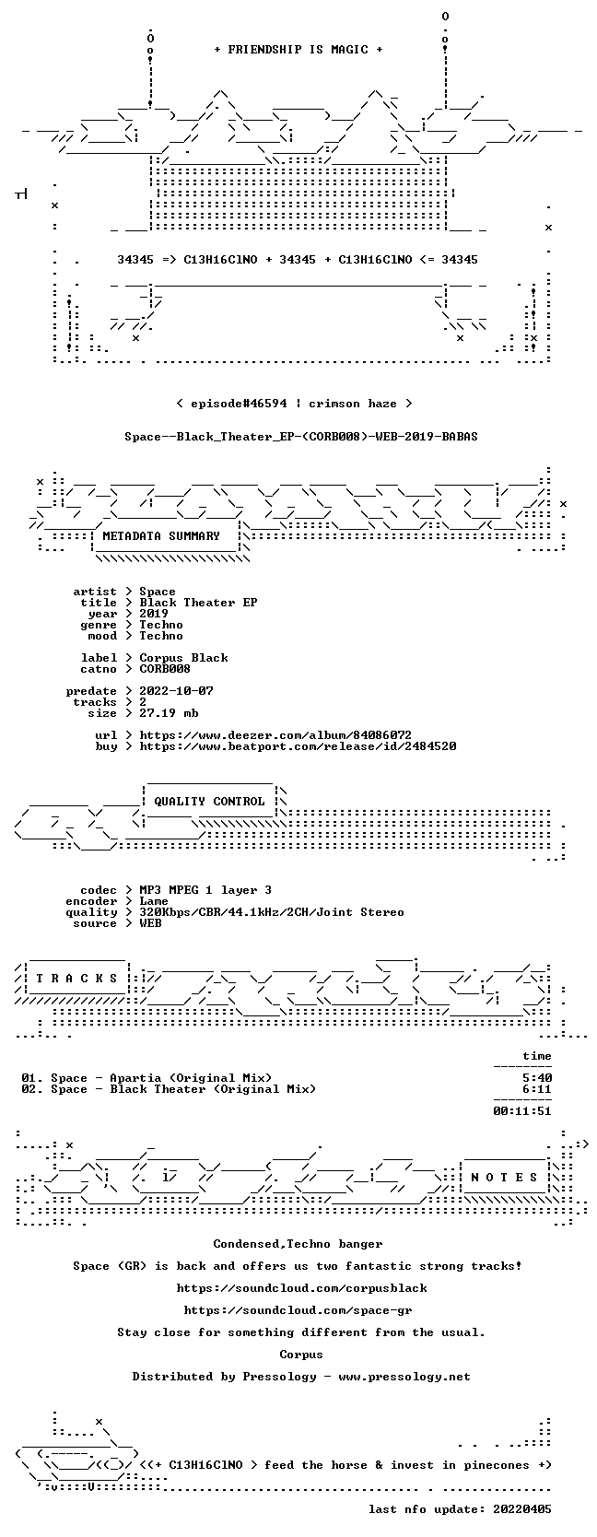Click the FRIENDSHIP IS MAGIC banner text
tap(298, 50)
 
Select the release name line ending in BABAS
tap(301, 437)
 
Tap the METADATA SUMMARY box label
tap(161, 536)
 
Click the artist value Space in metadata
tap(158, 593)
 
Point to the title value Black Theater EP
tap(198, 603)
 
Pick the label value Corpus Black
tap(184, 658)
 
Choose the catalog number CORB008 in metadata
tap(165, 669)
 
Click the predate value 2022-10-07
tap(176, 691)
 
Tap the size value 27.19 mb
tap(169, 713)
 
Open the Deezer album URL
tap(275, 735)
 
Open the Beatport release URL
tap(298, 746)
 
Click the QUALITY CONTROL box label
tap(209, 802)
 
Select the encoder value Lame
tap(154, 901)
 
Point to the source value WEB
tap(150, 923)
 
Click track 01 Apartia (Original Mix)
tap(146, 1078)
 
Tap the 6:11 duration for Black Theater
tap(536, 1089)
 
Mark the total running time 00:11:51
tap(522, 1111)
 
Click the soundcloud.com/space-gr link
tap(298, 1310)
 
